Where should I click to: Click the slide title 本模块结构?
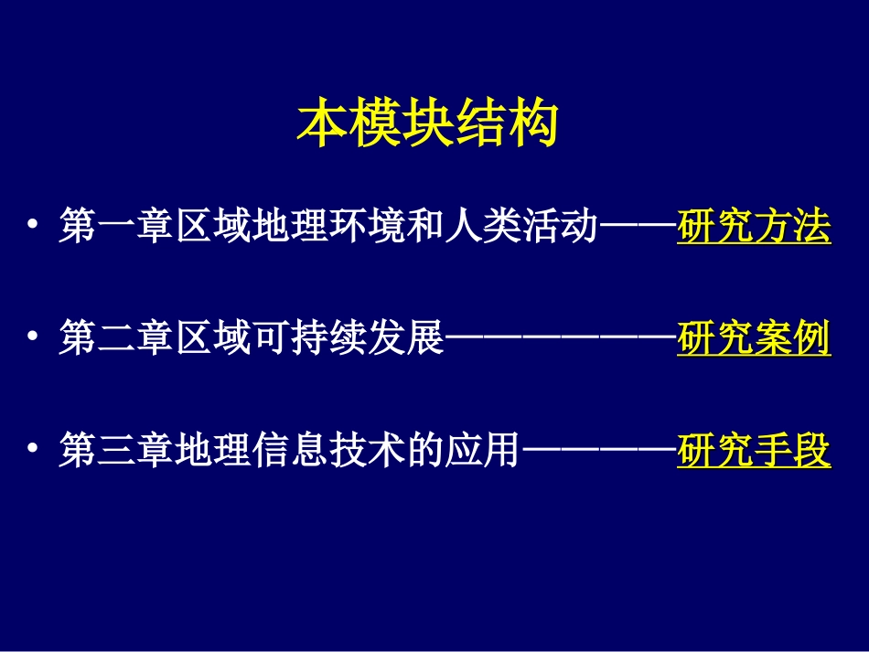click(427, 125)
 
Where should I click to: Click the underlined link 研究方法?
click(754, 228)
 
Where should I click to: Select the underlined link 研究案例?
click(754, 340)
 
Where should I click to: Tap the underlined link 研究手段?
click(754, 452)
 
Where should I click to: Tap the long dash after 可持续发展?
click(560, 340)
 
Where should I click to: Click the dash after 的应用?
click(598, 452)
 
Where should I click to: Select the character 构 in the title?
click(532, 125)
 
